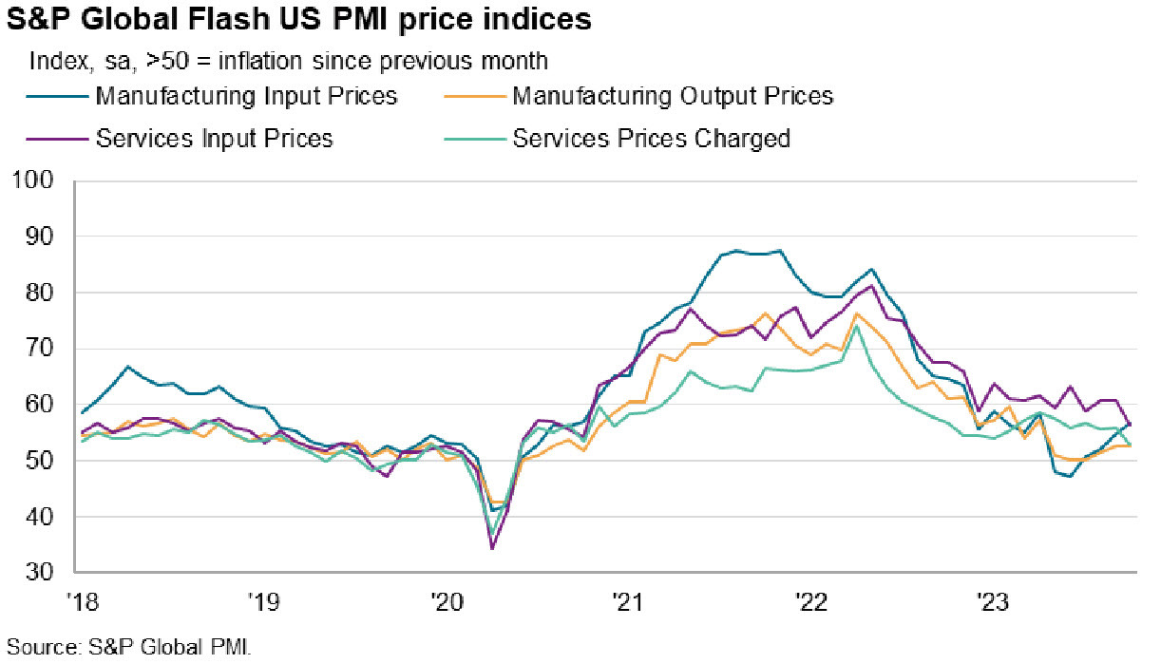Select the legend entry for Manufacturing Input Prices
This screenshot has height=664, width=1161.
point(246,96)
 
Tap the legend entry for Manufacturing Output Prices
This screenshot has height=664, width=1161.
point(672,96)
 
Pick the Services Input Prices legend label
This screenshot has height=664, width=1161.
point(214,139)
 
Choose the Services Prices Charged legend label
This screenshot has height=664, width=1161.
point(651,139)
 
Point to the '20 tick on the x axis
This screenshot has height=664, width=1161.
point(445,601)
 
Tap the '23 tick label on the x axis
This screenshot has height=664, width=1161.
point(993,601)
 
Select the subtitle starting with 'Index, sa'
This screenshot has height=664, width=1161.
point(289,61)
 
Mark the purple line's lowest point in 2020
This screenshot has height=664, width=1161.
point(492,548)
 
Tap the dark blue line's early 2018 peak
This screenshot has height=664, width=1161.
point(128,366)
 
